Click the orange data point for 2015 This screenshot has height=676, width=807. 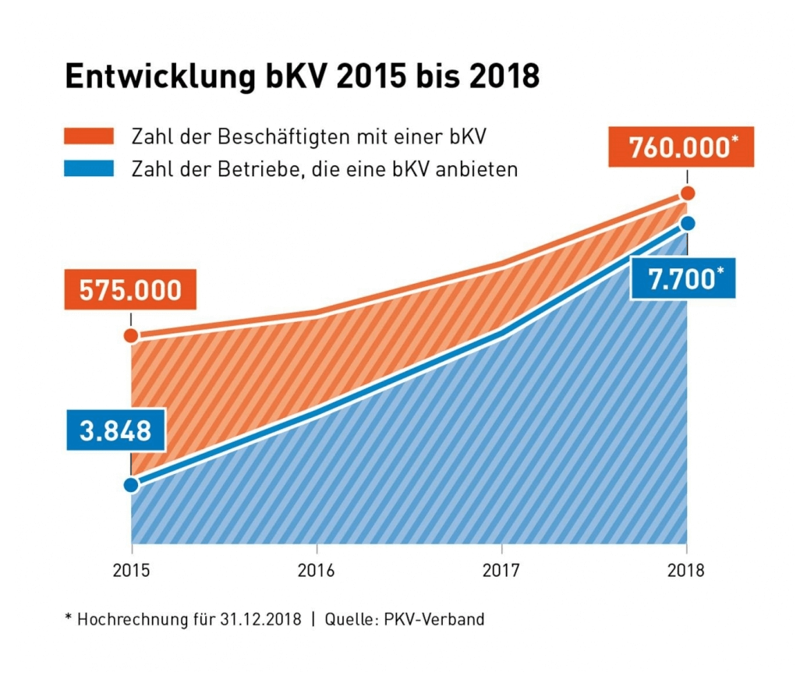(x=131, y=336)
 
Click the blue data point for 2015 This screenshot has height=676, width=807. (x=131, y=484)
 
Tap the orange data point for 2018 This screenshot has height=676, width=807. (x=687, y=193)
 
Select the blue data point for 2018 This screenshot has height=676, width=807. (x=687, y=224)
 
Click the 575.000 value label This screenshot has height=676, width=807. (x=131, y=290)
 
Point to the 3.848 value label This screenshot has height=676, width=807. (x=115, y=430)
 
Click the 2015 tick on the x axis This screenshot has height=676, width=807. (x=131, y=570)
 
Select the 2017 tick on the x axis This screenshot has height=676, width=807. (x=501, y=570)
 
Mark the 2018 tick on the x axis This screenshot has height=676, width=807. (x=687, y=570)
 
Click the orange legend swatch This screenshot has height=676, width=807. (x=89, y=137)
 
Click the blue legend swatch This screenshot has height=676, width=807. (x=89, y=168)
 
